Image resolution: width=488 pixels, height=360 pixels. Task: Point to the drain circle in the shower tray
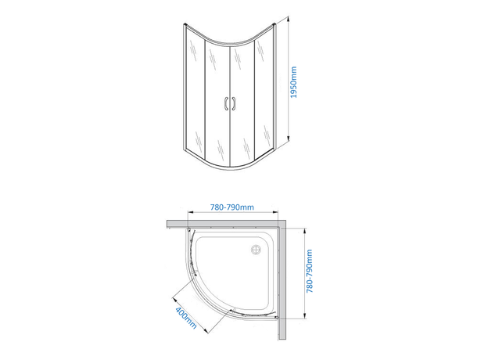click(254, 250)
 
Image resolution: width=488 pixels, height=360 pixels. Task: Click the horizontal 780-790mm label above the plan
click(232, 207)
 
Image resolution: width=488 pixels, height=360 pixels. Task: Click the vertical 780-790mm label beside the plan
click(310, 270)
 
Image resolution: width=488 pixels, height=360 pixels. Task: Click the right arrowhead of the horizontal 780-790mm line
click(278, 214)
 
